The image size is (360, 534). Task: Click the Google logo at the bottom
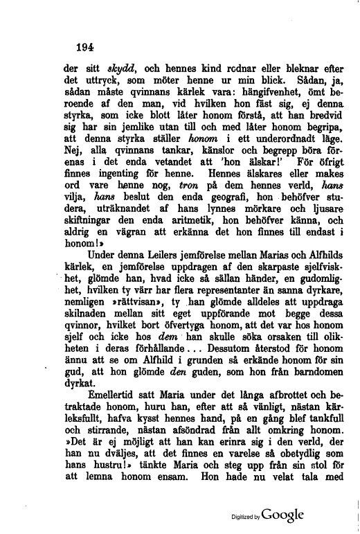(x=282, y=515)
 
